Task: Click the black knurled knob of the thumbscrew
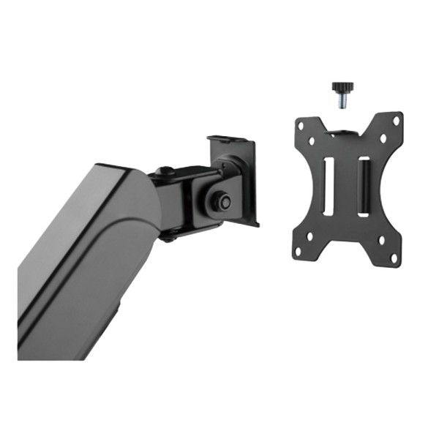tap(339, 88)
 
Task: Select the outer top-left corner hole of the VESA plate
tap(301, 126)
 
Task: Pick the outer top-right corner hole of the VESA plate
tap(397, 120)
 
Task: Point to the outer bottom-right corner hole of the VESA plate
tap(394, 258)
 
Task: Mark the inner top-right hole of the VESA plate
tap(383, 138)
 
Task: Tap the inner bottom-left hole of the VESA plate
tap(309, 236)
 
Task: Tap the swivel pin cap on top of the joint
tap(165, 170)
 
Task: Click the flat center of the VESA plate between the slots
tap(346, 190)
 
